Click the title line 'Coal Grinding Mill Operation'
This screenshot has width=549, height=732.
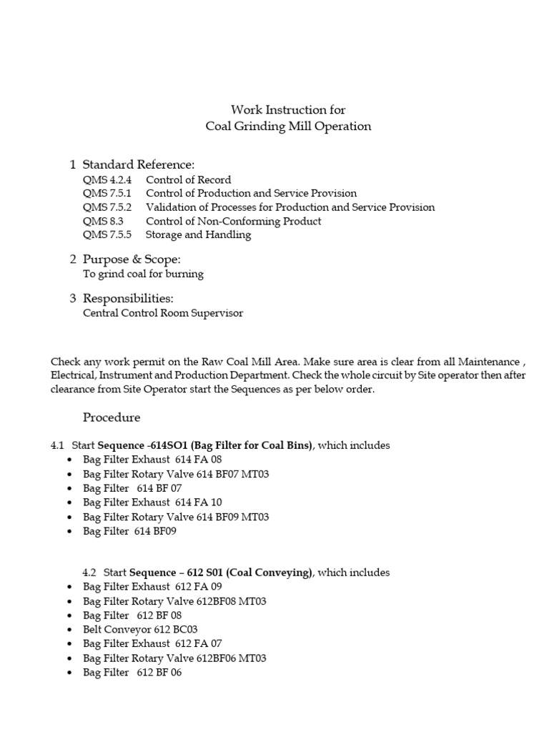pyautogui.click(x=288, y=127)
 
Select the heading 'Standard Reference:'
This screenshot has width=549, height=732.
pyautogui.click(x=139, y=165)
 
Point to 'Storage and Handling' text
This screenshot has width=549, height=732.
pyautogui.click(x=198, y=234)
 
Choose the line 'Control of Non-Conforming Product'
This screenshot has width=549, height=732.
pyautogui.click(x=233, y=221)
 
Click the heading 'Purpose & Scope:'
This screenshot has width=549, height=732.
pyautogui.click(x=132, y=259)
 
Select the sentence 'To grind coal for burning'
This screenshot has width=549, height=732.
pyautogui.click(x=143, y=274)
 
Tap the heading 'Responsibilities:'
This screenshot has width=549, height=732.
pyautogui.click(x=128, y=298)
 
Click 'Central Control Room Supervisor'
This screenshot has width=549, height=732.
pyautogui.click(x=163, y=313)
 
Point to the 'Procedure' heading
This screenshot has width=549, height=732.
pyautogui.click(x=112, y=417)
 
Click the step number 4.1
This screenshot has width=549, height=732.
pyautogui.click(x=58, y=445)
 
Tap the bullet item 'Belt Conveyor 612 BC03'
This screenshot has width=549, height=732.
pyautogui.click(x=140, y=630)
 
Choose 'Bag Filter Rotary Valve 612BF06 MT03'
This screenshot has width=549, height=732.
pyautogui.click(x=174, y=658)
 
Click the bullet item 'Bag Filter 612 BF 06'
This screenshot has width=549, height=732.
pyautogui.click(x=132, y=673)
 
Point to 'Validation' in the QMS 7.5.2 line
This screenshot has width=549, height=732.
pyautogui.click(x=170, y=207)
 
